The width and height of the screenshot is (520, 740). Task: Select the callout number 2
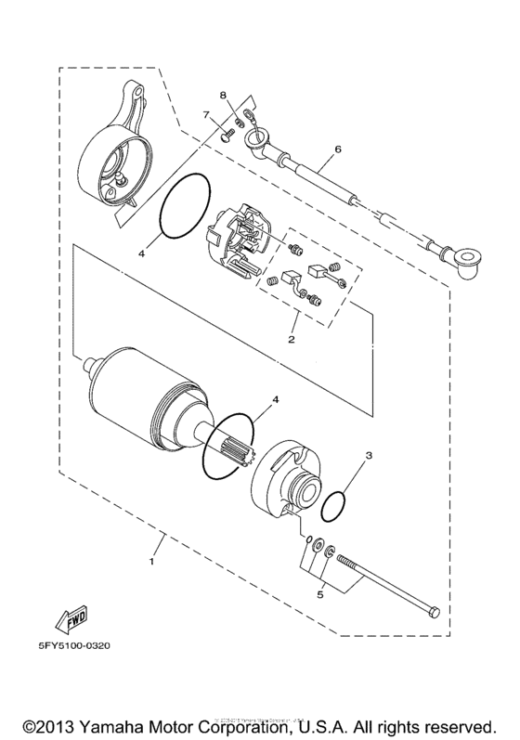click(291, 341)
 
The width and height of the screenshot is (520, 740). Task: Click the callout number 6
click(338, 148)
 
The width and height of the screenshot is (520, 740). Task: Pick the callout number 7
click(207, 115)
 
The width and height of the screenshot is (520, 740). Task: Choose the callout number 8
click(224, 96)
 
